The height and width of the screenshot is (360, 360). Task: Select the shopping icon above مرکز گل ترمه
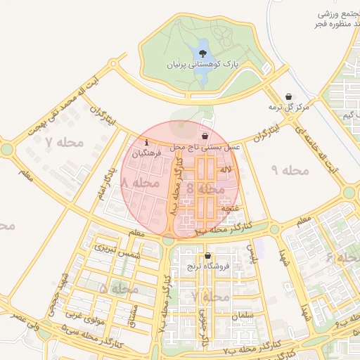click(289, 97)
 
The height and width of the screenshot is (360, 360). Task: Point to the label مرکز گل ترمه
click(289, 108)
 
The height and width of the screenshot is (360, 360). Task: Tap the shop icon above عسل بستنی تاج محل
click(205, 136)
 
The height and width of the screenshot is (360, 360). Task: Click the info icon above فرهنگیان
click(146, 142)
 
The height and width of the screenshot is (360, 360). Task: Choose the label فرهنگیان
click(146, 153)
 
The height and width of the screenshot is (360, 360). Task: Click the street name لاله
click(225, 171)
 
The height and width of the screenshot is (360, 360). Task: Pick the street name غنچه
click(231, 209)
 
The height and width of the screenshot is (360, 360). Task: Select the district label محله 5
click(114, 289)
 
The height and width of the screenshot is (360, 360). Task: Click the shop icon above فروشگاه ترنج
click(207, 256)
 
